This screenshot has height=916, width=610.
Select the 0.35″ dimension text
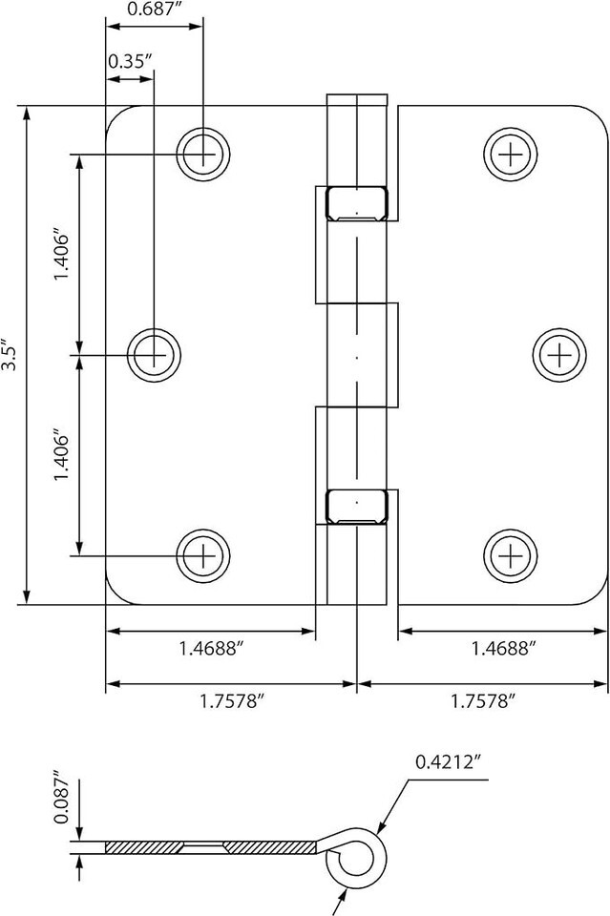click(130, 61)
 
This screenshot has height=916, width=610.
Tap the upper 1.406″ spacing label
click(62, 257)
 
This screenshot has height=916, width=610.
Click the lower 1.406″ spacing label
click(62, 457)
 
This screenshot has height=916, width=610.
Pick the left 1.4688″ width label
click(210, 648)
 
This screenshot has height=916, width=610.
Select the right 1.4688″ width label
click(503, 648)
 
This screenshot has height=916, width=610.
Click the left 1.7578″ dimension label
click(232, 701)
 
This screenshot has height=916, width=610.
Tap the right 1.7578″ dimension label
click(483, 701)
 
